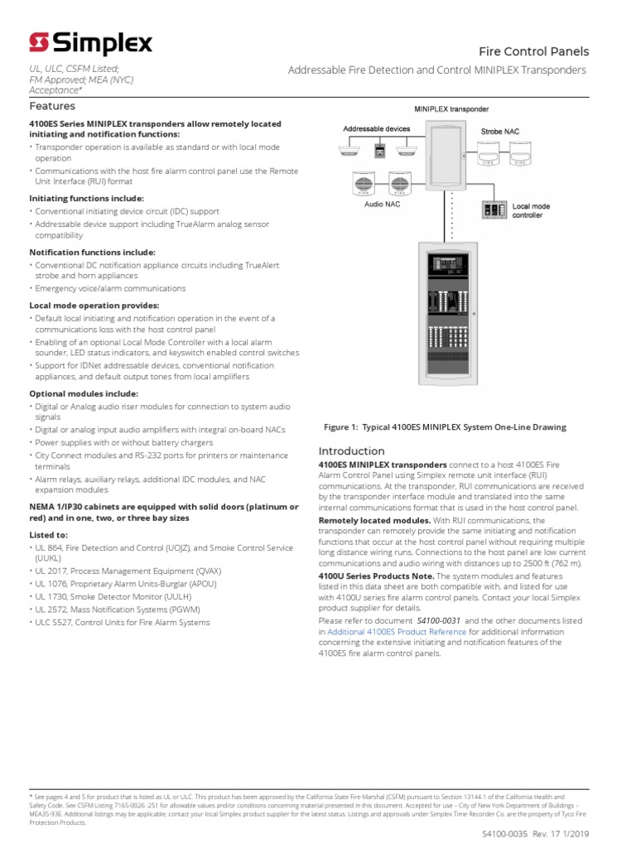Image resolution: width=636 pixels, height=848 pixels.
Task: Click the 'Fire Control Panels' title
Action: [x=532, y=51]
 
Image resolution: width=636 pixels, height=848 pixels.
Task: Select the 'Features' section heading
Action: [x=52, y=106]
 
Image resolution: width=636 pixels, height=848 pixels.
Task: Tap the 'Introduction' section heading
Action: [x=352, y=450]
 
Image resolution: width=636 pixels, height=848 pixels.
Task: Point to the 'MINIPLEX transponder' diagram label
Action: [x=451, y=109]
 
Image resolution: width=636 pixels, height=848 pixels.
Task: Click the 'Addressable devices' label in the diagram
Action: [x=377, y=129]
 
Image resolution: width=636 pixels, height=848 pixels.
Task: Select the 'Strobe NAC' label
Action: [x=500, y=132]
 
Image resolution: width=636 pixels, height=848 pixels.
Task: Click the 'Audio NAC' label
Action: [x=383, y=204]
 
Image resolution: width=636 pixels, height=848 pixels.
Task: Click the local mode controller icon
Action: [x=494, y=210]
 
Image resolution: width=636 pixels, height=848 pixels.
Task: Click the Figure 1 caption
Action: [x=445, y=427]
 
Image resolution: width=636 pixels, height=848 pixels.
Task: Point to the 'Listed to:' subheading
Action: [x=49, y=535]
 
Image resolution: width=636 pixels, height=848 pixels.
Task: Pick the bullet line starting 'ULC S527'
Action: [x=122, y=622]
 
